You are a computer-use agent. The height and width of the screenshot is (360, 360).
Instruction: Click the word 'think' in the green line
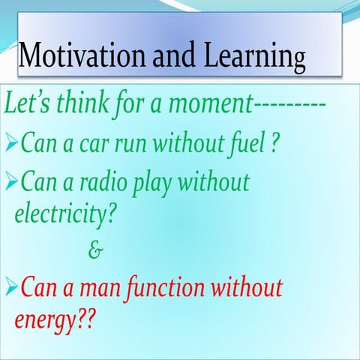(80, 103)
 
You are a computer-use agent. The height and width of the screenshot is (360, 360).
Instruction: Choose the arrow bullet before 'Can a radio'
(11, 182)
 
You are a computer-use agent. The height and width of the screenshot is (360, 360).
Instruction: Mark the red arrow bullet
(11, 287)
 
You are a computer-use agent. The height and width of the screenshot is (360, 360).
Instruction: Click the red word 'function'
(172, 286)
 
